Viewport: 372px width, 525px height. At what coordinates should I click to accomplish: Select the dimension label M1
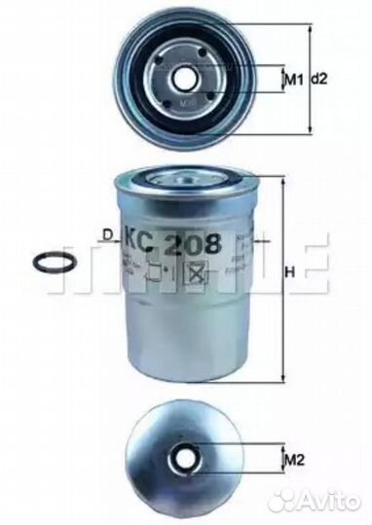tap(289, 78)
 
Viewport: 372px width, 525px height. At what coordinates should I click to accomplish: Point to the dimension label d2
tap(318, 78)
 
